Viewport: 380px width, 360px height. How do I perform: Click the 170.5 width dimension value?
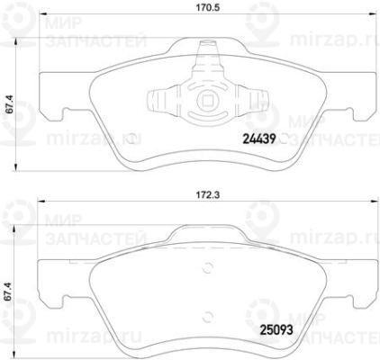[x=208, y=7]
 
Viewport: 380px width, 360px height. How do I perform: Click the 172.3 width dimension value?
[x=208, y=195]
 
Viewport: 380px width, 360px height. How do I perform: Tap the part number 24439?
[x=259, y=139]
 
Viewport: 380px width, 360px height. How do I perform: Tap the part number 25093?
[x=276, y=330]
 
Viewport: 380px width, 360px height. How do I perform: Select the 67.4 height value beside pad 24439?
[x=11, y=103]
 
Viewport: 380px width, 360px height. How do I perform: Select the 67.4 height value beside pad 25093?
[x=9, y=291]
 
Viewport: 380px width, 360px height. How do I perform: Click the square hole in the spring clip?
[x=207, y=100]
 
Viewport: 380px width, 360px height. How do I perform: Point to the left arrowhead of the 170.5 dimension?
[x=44, y=13]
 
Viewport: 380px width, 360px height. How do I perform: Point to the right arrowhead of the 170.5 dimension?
[x=373, y=13]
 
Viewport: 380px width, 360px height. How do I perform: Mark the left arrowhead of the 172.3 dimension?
[x=41, y=202]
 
